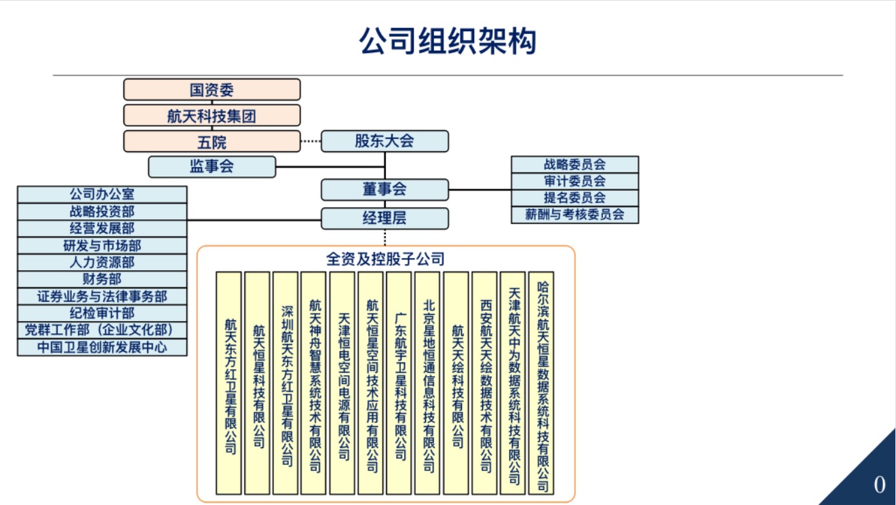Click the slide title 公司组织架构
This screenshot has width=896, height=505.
448,41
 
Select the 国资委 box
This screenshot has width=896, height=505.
212,90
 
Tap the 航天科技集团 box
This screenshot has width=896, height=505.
212,115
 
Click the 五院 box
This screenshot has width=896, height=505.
212,142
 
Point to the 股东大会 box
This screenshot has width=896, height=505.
385,141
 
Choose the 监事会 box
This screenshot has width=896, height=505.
212,166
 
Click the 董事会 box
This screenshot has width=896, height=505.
385,189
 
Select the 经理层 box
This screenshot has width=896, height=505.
385,219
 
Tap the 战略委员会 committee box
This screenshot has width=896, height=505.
574,164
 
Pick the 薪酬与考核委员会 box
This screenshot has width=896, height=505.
574,214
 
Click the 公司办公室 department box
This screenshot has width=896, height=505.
102,195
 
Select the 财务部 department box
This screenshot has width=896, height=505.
102,279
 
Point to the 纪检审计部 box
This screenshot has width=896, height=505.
102,313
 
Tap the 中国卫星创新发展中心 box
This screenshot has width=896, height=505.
102,348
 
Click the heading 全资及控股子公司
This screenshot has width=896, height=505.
385,259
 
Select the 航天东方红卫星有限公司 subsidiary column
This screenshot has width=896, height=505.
229,383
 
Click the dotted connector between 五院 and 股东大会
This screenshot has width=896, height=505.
310,141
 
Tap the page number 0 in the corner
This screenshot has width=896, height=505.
879,485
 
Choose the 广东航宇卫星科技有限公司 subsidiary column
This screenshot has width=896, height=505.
400,383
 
